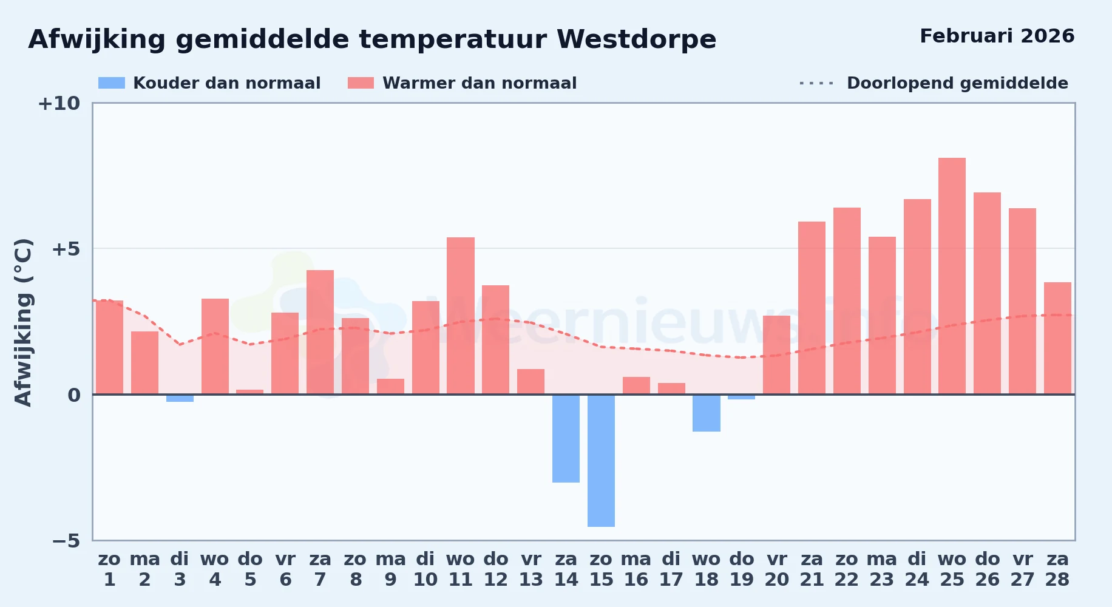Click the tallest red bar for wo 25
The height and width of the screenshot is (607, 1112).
tap(952, 276)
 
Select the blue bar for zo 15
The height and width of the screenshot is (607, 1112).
tap(601, 461)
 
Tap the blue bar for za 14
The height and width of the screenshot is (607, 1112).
tap(566, 438)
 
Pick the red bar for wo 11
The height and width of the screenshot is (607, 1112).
tap(461, 316)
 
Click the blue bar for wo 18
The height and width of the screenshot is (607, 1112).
tap(707, 413)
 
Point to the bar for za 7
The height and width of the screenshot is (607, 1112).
tap(320, 332)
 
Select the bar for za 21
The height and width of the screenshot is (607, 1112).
tap(812, 308)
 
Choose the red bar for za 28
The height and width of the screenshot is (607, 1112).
tap(1057, 338)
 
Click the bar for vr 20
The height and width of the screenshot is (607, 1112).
tap(776, 355)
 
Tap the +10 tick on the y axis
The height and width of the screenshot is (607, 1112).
tap(59, 104)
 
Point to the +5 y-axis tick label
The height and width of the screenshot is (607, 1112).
tap(66, 249)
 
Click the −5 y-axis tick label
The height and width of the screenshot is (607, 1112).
tap(66, 541)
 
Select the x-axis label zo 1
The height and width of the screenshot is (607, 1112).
tap(109, 569)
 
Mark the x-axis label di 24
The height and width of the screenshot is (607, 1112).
tap(917, 569)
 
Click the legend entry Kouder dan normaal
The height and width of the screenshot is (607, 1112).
tap(209, 83)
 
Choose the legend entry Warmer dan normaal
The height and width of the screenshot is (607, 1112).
tap(462, 83)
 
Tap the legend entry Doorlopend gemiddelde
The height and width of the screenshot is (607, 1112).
tap(934, 83)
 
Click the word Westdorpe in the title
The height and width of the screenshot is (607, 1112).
tap(636, 39)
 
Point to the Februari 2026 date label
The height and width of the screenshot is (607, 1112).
tap(997, 36)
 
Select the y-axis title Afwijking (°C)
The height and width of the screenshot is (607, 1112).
tap(23, 322)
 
